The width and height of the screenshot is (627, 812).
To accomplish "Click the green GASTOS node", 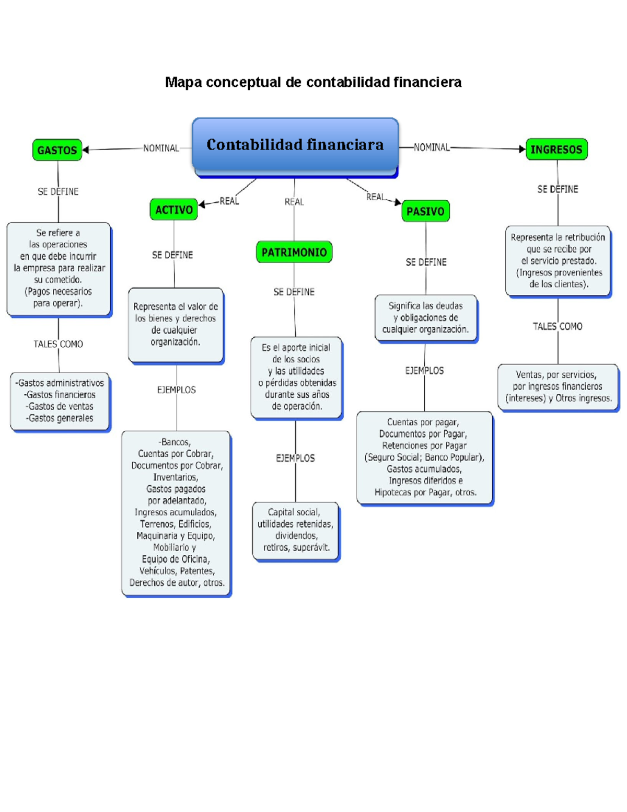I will [x=57, y=150].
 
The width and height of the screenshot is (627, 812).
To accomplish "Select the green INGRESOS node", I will [x=556, y=149].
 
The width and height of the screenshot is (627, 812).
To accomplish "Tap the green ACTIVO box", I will [x=173, y=210].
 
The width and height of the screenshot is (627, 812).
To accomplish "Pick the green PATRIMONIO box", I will [x=294, y=252].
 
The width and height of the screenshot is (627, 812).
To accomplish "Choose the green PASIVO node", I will [x=425, y=211].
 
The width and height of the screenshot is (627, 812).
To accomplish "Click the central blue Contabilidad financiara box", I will [x=295, y=145].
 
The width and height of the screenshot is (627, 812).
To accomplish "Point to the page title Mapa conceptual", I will [x=313, y=82].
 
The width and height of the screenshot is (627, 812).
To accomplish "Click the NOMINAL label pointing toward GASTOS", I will [x=161, y=148].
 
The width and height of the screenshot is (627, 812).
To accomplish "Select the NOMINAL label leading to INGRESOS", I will [x=432, y=147].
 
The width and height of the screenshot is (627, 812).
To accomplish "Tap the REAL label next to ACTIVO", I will [x=229, y=201].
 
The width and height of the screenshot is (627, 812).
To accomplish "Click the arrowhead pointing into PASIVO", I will [x=398, y=202].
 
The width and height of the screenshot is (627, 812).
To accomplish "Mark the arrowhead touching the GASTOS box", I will [x=86, y=150].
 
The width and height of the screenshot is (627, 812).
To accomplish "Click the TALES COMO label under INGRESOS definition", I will [x=558, y=326].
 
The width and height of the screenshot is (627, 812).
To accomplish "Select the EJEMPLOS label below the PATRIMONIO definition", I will [x=295, y=458].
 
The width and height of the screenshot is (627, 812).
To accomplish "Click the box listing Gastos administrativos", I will [x=60, y=401].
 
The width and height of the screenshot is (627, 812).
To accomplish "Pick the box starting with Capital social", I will [x=296, y=530].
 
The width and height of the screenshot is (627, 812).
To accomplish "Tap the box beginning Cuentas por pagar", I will [x=424, y=458].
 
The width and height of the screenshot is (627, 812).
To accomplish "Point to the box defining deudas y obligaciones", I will [x=426, y=318].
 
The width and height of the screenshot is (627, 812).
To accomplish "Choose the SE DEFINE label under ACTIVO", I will [x=172, y=255].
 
